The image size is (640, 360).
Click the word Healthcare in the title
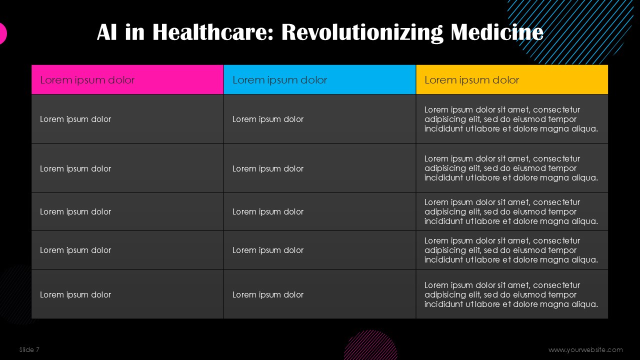coord(213,32)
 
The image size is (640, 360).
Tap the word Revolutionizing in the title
coord(362,32)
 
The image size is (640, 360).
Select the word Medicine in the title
coord(497,32)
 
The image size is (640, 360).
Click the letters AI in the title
coord(107,32)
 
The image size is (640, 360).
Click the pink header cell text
coord(87,80)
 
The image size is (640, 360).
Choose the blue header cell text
coord(279,80)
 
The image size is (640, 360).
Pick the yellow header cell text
coord(471,80)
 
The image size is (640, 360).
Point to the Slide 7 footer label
coord(29,349)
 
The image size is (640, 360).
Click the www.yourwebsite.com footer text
coord(585,349)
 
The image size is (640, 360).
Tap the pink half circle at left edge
coord(3,33)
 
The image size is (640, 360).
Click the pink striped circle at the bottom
coord(371,345)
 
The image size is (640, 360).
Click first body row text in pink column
coord(75,119)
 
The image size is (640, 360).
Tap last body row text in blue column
coord(267,294)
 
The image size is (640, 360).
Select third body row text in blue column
coord(267,211)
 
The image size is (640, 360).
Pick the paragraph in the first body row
coord(511,119)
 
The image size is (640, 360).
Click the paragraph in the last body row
coord(511,294)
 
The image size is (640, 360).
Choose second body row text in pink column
coord(75,168)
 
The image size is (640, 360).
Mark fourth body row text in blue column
coord(267,250)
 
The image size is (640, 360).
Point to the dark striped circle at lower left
coord(14,294)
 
